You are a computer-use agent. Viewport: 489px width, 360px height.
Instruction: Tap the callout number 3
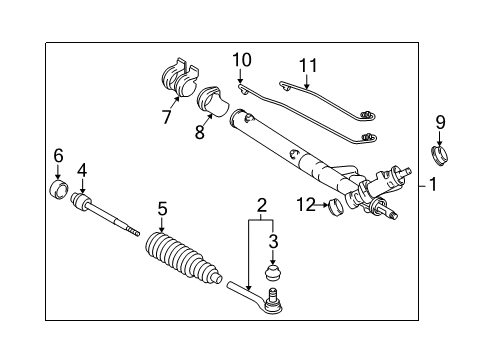tap(272, 242)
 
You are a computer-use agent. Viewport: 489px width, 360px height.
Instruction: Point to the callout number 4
tap(83, 170)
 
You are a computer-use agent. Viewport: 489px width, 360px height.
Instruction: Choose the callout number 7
tap(167, 118)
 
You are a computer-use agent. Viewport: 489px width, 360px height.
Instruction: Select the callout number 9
tap(439, 123)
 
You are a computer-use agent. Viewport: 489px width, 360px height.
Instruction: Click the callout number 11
tap(308, 66)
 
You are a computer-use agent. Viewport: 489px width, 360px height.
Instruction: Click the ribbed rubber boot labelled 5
tap(182, 262)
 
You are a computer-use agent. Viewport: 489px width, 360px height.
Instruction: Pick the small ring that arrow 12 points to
tap(337, 207)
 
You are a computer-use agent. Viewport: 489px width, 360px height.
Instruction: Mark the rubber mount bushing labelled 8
tap(213, 102)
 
